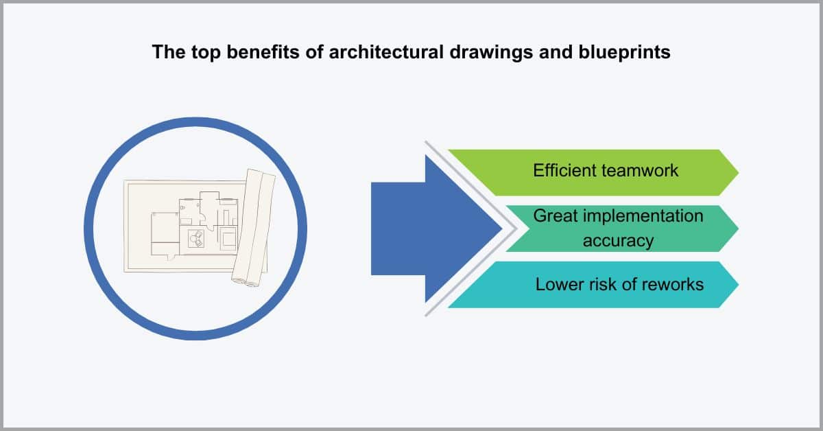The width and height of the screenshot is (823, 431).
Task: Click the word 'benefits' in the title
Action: pos(263,52)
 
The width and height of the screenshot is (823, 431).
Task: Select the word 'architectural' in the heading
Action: pos(386,52)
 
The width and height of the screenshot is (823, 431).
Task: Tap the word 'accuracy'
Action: pos(618,242)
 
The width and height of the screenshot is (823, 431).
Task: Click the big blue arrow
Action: pos(433,229)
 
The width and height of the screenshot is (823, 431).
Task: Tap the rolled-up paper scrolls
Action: pos(254,228)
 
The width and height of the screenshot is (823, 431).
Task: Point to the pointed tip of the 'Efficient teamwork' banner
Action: pos(738,172)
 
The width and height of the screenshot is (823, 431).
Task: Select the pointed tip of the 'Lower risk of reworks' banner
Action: pos(738,285)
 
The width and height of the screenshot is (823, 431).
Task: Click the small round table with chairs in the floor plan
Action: pos(196,239)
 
